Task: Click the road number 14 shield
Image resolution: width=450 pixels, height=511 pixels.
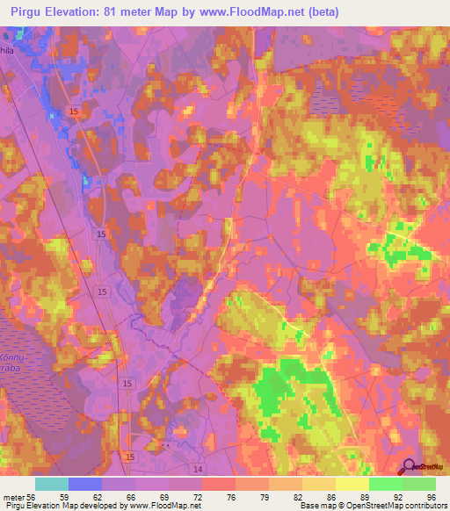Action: [197, 470]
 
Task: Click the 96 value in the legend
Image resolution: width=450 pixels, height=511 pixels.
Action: [430, 496]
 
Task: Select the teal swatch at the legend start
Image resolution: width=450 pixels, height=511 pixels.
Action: [52, 484]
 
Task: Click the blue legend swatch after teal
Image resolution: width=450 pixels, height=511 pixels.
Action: [85, 484]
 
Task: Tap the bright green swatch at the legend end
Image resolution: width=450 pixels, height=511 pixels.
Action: [419, 484]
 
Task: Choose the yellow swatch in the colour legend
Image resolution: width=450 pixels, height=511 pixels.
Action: [352, 484]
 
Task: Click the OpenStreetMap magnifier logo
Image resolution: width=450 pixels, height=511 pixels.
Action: [410, 467]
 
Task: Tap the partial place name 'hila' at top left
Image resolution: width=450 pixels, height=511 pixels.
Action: [9, 50]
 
